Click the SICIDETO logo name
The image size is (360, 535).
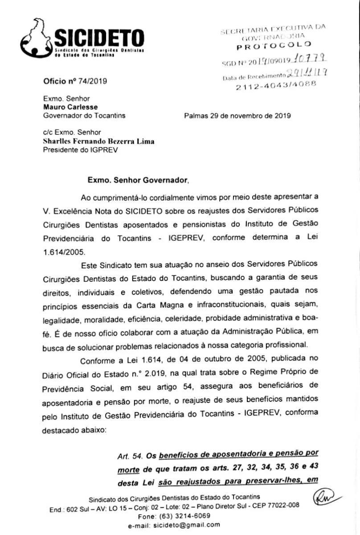pyautogui.click(x=98, y=39)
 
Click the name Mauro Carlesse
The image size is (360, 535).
pyautogui.click(x=70, y=107)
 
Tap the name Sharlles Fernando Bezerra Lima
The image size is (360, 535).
pyautogui.click(x=98, y=141)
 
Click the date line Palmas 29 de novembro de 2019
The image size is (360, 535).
pyautogui.click(x=237, y=115)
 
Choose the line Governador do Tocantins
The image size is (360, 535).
pyautogui.click(x=84, y=115)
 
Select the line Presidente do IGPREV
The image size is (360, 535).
pyautogui.click(x=79, y=150)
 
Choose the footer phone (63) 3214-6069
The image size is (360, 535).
pyautogui.click(x=180, y=516)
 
